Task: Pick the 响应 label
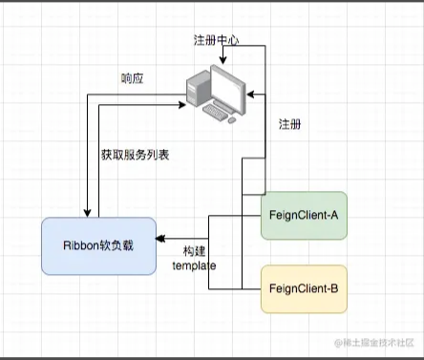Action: point(133,77)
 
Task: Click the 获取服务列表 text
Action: point(135,155)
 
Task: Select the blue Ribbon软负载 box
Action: point(97,245)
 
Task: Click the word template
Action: point(194,267)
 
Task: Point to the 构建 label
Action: point(194,251)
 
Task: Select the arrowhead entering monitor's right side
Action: point(252,95)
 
